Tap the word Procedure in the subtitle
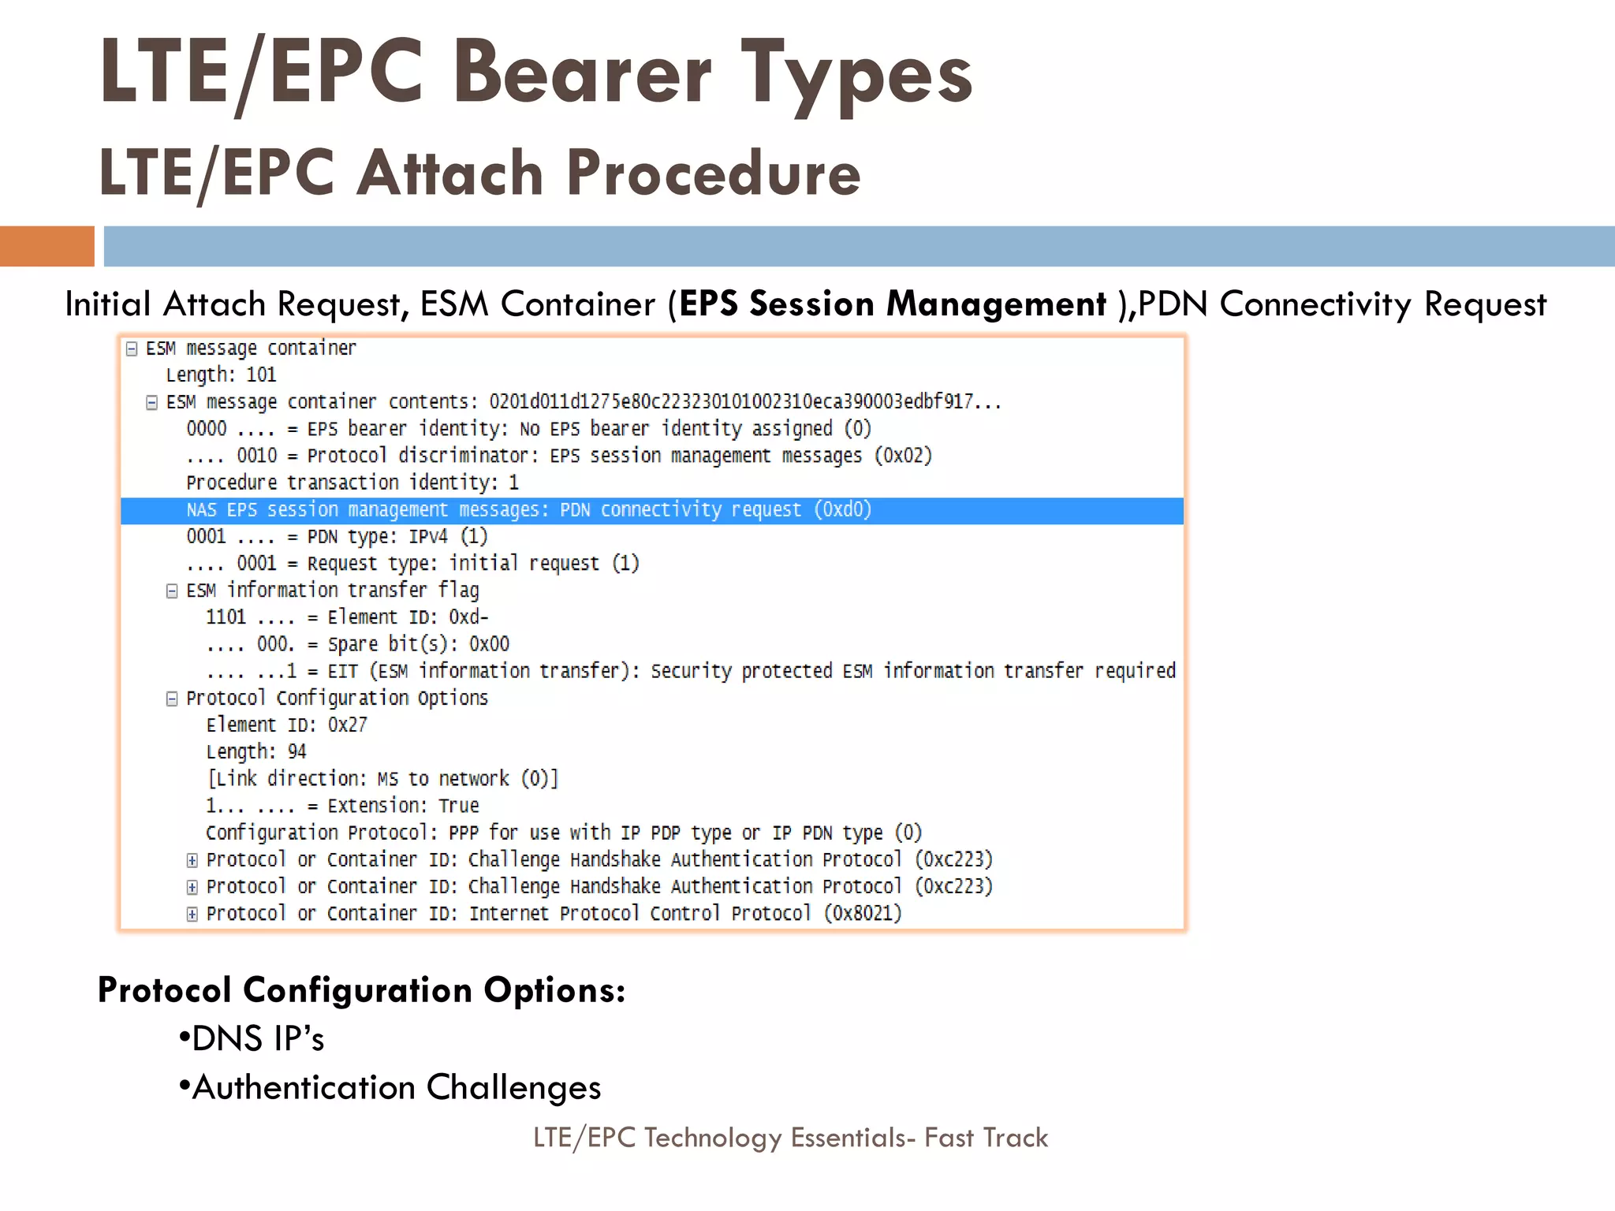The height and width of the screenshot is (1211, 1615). coord(713,173)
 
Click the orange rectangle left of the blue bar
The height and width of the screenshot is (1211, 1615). coord(47,246)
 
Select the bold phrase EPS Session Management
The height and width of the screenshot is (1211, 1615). coord(893,304)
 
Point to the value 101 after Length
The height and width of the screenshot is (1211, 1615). coord(261,374)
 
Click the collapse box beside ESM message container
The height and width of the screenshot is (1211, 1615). coord(132,348)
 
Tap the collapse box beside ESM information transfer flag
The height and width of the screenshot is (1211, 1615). coord(172,591)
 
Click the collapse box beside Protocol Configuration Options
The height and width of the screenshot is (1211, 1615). coord(172,699)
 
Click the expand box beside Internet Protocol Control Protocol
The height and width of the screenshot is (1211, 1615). coord(192,914)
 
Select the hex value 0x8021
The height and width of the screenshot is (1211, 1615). coord(863,913)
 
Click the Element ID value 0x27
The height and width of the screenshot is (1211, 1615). coord(347,725)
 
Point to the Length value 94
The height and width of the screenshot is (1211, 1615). coord(297,751)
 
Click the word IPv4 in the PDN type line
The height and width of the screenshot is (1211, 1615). coord(428,537)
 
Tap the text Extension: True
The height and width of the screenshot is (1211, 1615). coord(403,806)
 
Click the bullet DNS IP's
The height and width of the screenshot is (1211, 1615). coord(252,1038)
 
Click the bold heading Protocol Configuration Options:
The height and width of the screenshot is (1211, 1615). coord(361,989)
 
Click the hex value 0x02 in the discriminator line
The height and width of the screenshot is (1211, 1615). coord(903,456)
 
